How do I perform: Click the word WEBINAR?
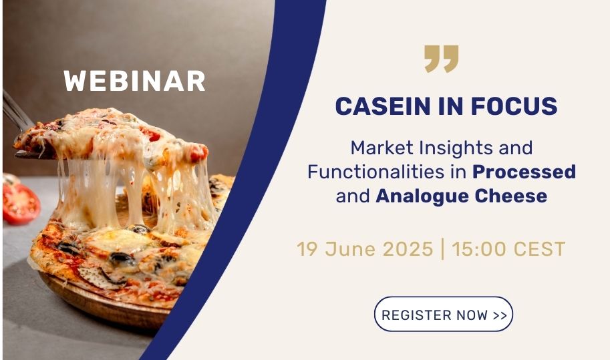point(134,81)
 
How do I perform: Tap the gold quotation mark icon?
point(441,59)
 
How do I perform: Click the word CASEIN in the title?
point(384,106)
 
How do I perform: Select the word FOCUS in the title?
point(514,106)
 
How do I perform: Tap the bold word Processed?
point(524,172)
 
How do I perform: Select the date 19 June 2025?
point(365,249)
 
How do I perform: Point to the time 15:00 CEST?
point(508,249)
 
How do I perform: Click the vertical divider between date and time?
point(443,249)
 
